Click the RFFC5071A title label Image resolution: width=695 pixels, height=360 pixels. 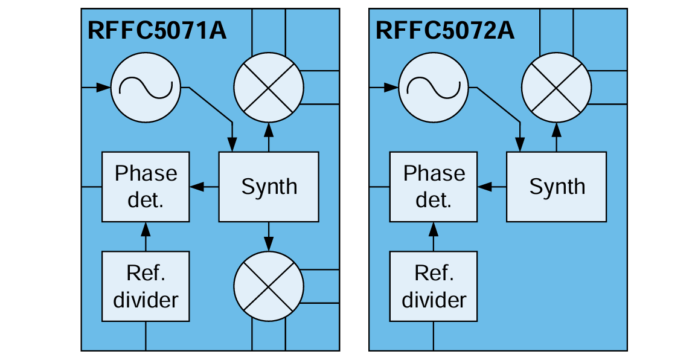(x=157, y=30)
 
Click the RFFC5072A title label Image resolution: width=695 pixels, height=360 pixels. (x=445, y=30)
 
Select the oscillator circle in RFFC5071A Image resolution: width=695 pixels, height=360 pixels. (x=146, y=88)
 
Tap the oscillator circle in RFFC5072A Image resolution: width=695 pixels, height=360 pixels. (x=434, y=88)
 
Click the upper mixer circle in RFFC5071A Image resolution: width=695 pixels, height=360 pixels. (x=267, y=88)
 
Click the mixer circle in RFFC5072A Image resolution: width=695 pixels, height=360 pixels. (x=556, y=88)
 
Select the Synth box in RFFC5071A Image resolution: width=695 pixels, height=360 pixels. (x=269, y=187)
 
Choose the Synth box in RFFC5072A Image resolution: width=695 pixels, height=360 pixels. (x=557, y=187)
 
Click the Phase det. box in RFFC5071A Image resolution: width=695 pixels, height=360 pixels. (x=146, y=187)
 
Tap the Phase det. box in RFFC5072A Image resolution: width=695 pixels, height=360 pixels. (x=434, y=187)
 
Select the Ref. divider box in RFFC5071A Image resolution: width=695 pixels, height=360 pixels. (x=146, y=286)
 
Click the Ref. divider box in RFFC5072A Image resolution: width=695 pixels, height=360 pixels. (x=434, y=286)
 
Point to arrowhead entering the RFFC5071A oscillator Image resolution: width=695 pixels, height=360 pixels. (x=104, y=88)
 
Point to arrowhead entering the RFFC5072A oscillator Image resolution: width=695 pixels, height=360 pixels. (x=392, y=88)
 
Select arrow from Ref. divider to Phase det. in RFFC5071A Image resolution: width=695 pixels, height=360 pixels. (x=145, y=236)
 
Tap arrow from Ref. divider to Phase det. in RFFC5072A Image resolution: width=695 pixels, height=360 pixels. (x=433, y=236)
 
